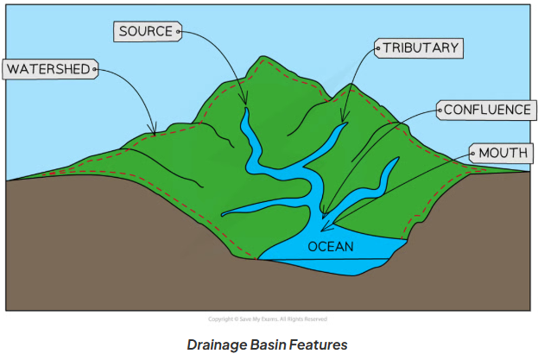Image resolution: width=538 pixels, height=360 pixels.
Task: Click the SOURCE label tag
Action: click(x=148, y=32)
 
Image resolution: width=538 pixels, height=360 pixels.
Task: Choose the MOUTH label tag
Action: click(x=499, y=154)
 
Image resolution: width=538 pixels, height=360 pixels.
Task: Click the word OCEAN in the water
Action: click(x=331, y=247)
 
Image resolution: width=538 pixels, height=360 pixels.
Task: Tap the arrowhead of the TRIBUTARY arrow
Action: click(x=343, y=122)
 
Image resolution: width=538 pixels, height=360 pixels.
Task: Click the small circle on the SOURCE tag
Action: click(x=178, y=32)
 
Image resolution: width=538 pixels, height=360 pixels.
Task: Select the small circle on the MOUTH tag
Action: click(x=473, y=154)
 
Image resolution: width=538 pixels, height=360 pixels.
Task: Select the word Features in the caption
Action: click(x=319, y=344)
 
